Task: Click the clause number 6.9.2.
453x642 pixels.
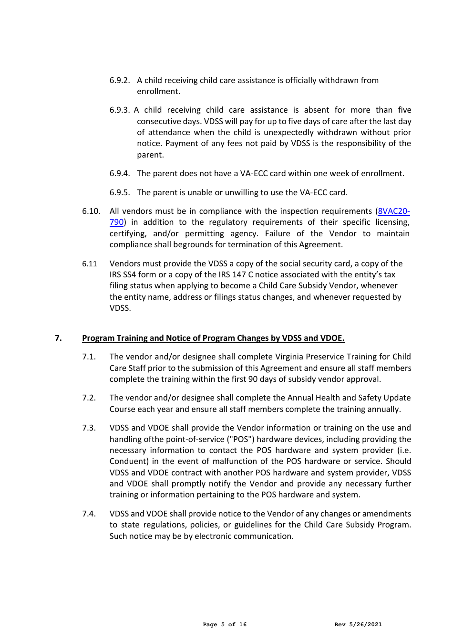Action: click(119, 80)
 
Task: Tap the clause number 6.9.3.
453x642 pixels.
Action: click(119, 110)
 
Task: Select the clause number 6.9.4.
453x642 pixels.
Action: click(119, 173)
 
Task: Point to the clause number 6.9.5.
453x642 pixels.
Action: click(119, 192)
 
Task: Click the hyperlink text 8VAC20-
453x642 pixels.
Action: click(394, 211)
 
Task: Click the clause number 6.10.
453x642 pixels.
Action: click(91, 211)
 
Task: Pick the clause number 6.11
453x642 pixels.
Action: click(89, 263)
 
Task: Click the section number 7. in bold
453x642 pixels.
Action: click(58, 338)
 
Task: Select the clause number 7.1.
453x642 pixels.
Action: click(89, 357)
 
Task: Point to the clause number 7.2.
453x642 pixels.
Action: click(89, 398)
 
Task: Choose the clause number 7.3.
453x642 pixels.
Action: click(89, 428)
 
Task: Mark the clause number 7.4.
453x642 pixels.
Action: click(89, 514)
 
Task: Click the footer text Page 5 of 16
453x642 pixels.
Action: click(225, 624)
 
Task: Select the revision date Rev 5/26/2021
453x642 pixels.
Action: click(358, 624)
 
